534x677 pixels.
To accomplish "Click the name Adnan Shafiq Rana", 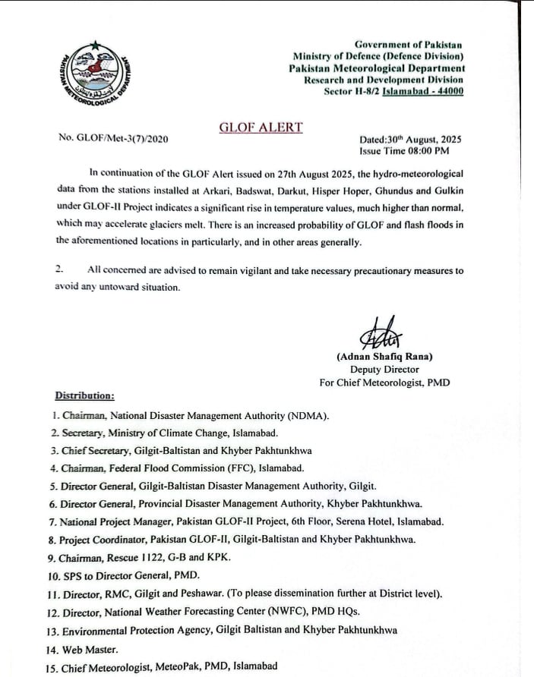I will point(384,356).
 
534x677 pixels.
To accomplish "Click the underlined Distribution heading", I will point(85,395).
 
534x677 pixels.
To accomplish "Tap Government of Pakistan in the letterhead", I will point(409,45).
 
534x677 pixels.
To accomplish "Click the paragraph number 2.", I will point(60,270).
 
